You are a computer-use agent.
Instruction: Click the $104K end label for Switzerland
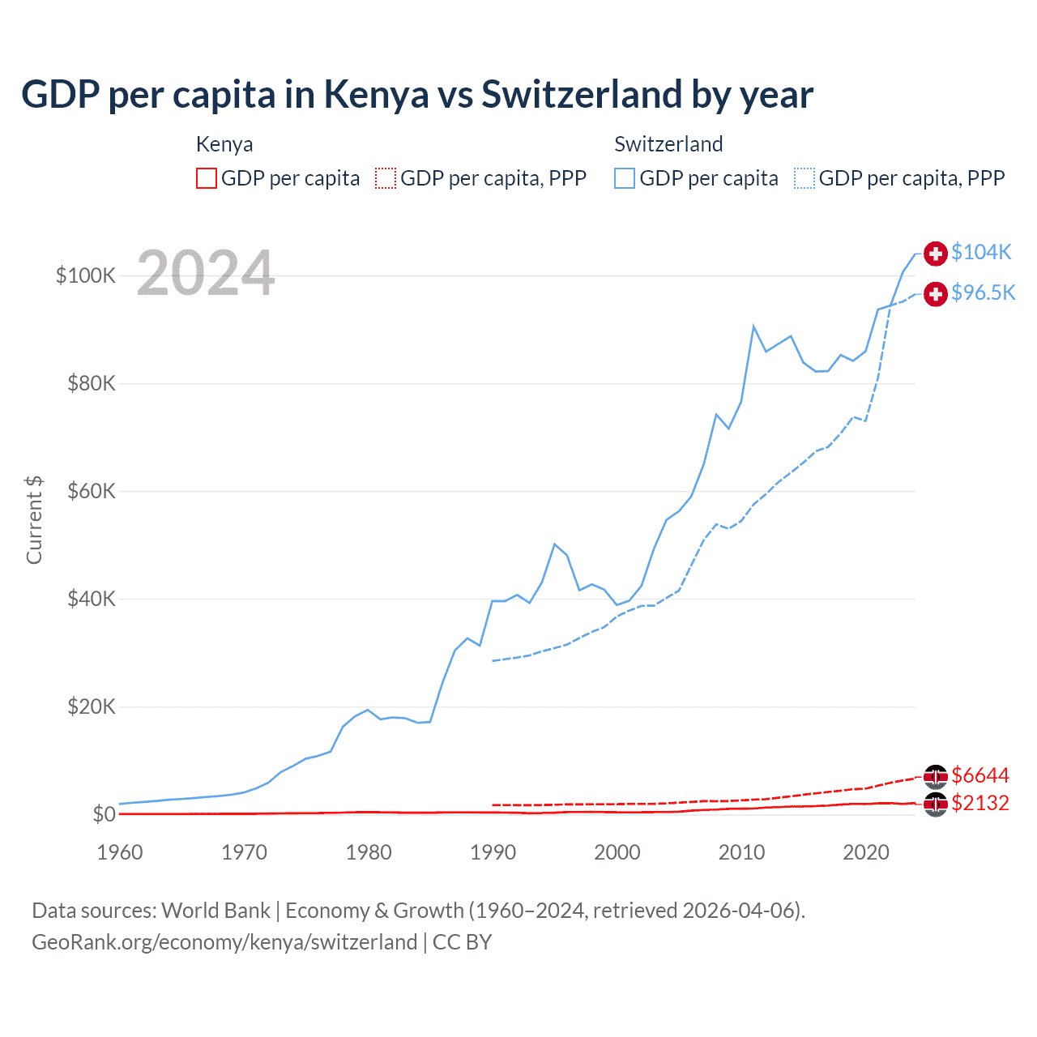[x=981, y=252]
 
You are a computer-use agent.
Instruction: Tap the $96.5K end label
[x=983, y=292]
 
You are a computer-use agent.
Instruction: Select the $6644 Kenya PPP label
[x=980, y=775]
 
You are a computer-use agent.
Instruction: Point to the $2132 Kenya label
[x=980, y=803]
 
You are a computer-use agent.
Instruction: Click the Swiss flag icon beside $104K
[x=936, y=253]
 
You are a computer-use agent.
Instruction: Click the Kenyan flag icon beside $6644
[x=936, y=776]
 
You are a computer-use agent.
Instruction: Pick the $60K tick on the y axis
[x=92, y=491]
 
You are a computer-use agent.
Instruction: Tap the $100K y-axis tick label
[x=86, y=275]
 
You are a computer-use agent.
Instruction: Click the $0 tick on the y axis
[x=105, y=813]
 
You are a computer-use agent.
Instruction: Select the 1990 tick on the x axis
[x=493, y=852]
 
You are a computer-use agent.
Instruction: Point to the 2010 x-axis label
[x=741, y=852]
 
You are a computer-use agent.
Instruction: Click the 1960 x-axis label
[x=120, y=852]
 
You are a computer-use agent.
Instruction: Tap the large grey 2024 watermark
[x=206, y=273]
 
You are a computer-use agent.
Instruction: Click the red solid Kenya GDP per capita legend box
[x=207, y=178]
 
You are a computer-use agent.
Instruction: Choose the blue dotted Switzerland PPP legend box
[x=804, y=178]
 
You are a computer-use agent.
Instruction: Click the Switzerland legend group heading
[x=668, y=144]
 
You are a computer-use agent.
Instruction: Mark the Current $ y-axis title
[x=34, y=519]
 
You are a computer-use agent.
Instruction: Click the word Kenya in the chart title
[x=376, y=94]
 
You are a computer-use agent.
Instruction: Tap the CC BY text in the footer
[x=462, y=942]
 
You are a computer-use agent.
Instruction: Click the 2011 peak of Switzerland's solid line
[x=753, y=326]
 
